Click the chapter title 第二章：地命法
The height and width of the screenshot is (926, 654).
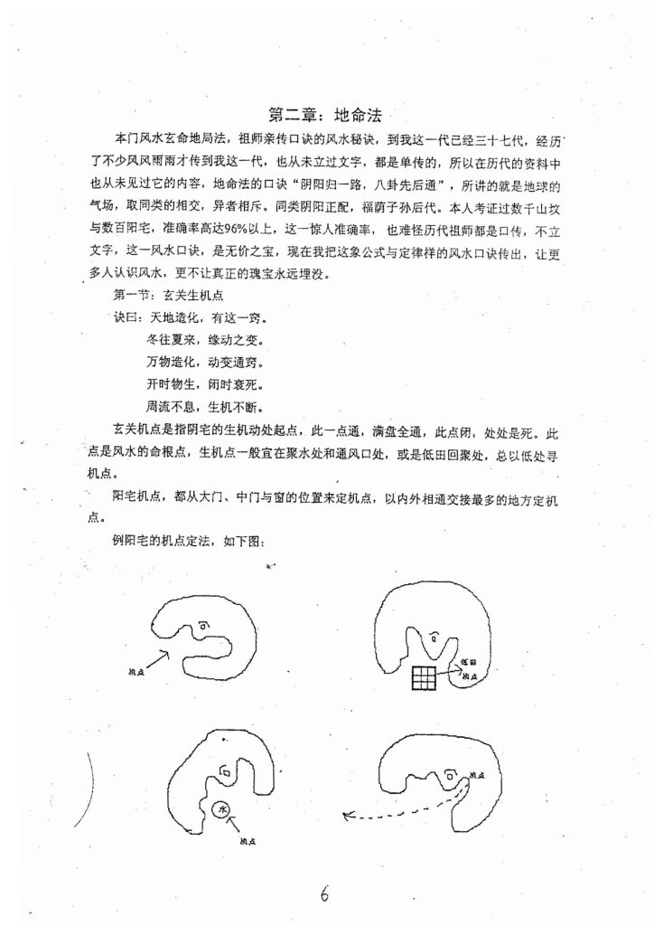click(x=327, y=115)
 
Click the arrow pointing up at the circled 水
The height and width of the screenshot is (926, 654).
click(x=234, y=826)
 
